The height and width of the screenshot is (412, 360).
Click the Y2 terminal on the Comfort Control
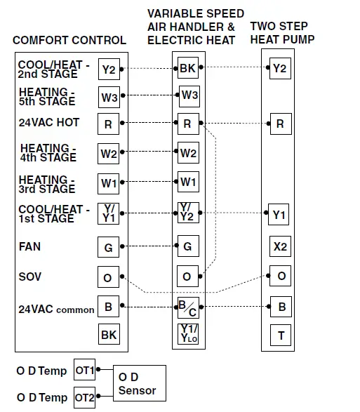(109, 69)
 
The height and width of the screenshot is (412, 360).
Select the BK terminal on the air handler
(187, 68)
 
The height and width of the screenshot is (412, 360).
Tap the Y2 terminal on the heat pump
(279, 68)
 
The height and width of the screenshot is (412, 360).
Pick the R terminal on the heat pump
(279, 124)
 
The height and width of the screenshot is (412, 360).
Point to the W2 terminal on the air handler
(187, 153)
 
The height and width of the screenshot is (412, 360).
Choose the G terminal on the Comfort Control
(109, 247)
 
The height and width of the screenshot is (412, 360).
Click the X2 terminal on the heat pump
(280, 247)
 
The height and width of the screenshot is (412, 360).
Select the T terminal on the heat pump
(280, 335)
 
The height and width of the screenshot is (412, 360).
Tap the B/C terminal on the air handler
(187, 307)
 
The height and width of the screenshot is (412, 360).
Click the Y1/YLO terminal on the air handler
(187, 334)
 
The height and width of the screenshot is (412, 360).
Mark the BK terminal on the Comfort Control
(109, 335)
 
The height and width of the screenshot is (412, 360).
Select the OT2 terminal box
(84, 397)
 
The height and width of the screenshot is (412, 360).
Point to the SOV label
(29, 277)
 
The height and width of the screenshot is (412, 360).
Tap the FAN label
(30, 247)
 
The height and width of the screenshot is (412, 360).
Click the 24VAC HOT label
(48, 123)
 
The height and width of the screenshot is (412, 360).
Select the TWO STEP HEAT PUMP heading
(282, 32)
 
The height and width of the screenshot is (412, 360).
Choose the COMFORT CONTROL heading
(69, 40)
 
